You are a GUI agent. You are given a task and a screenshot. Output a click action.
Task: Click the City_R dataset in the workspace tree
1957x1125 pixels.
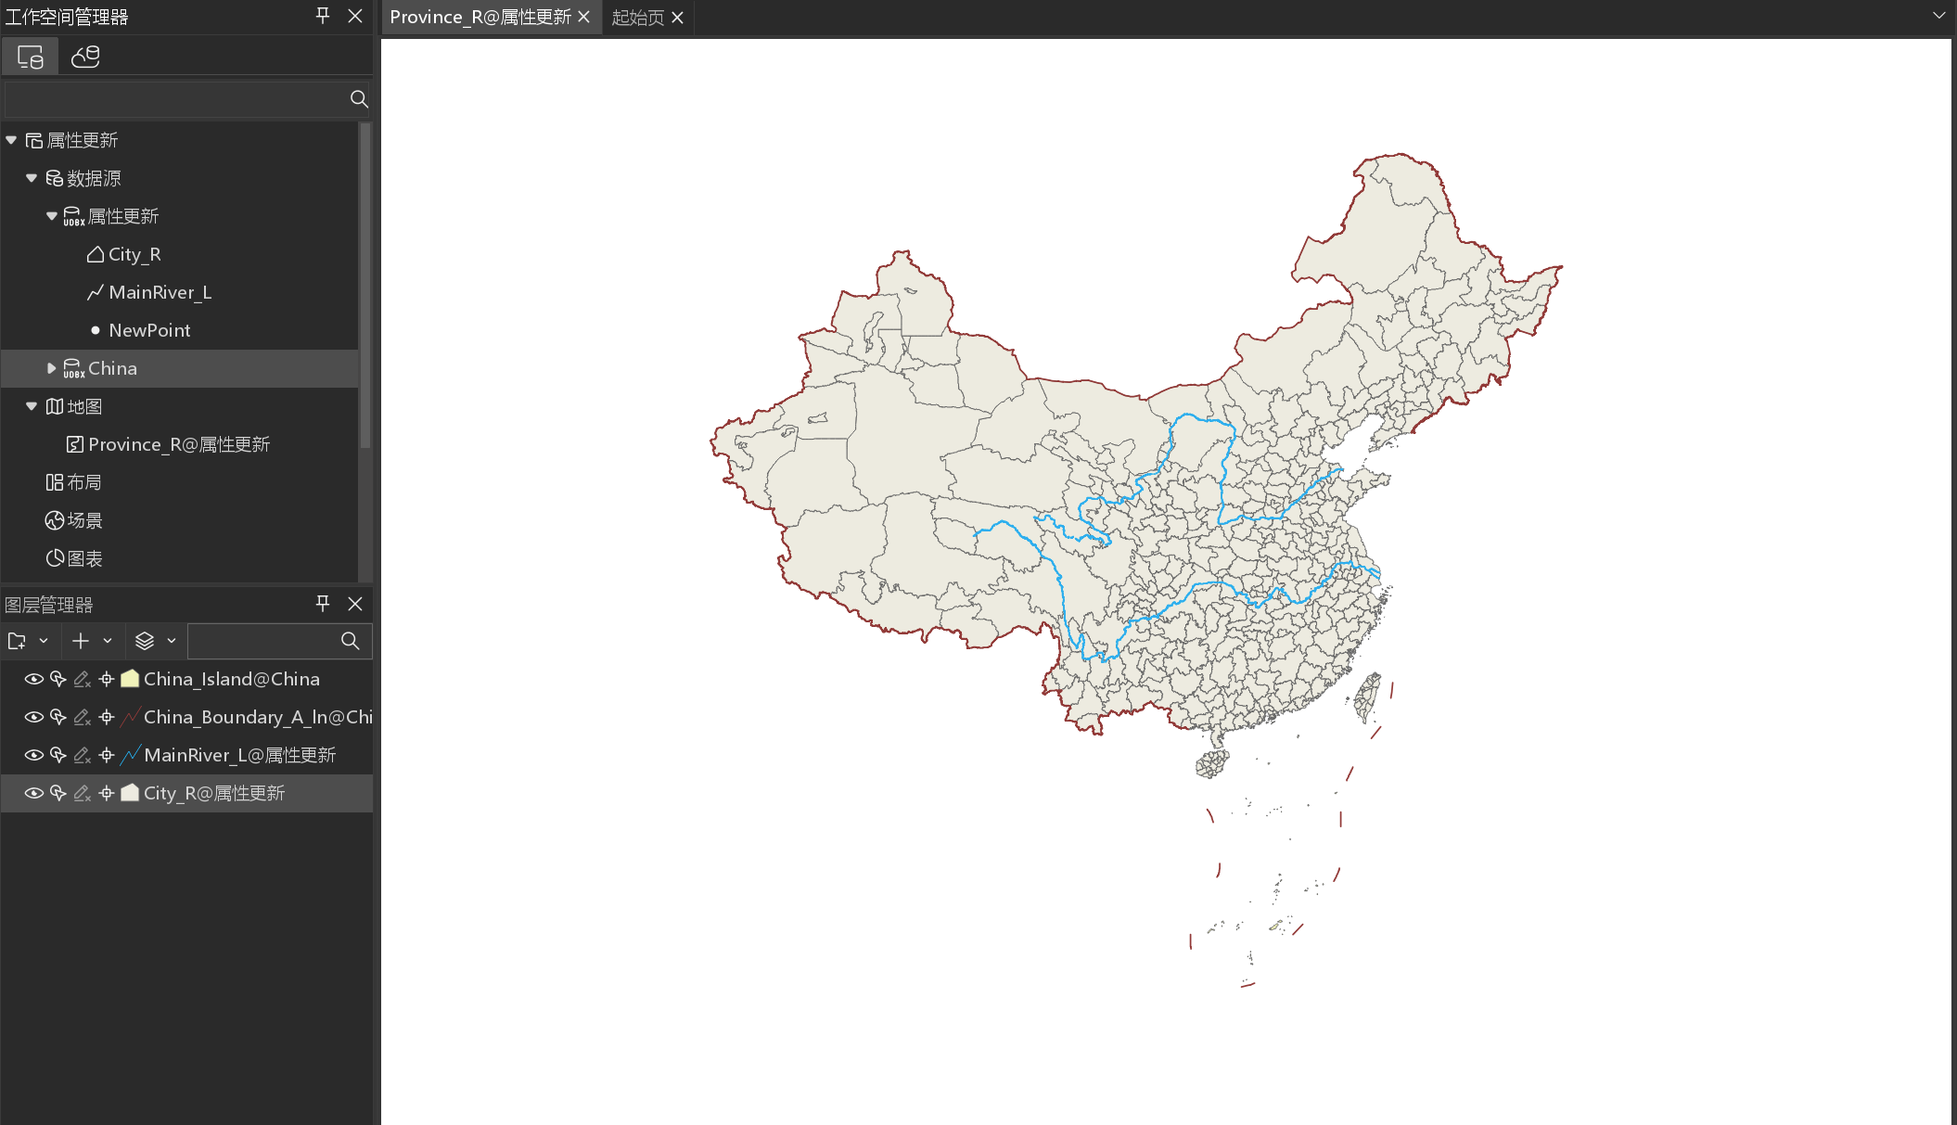click(134, 254)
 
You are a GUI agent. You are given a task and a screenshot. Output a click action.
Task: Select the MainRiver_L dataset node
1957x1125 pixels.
click(160, 292)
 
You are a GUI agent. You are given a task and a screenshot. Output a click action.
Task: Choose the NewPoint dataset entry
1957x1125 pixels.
click(148, 330)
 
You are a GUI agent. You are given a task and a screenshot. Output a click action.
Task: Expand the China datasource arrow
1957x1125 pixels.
click(52, 368)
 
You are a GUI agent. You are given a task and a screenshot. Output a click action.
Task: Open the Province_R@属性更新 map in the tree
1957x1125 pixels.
click(178, 444)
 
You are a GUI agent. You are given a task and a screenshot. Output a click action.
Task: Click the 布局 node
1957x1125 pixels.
click(83, 482)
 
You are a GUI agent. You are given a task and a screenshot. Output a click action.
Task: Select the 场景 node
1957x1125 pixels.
click(83, 520)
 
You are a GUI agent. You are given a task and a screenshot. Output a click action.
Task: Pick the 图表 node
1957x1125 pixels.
click(83, 558)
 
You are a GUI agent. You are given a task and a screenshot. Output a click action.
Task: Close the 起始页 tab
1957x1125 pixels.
click(678, 18)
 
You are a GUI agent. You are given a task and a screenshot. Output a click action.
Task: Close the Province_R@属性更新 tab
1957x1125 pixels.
click(583, 18)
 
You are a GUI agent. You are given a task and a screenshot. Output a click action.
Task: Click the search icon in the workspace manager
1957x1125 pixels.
click(359, 99)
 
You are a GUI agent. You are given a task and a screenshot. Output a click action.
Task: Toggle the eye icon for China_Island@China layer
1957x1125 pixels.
click(34, 679)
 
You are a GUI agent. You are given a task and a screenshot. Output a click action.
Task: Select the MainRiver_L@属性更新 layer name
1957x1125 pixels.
click(239, 755)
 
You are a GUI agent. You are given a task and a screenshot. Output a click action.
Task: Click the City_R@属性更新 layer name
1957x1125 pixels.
click(213, 793)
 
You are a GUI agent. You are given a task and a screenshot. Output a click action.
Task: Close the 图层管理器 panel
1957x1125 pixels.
click(355, 604)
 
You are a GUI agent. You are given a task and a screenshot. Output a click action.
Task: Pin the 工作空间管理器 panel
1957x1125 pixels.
click(323, 16)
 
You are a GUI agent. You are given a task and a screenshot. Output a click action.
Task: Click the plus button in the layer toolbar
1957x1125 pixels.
click(81, 641)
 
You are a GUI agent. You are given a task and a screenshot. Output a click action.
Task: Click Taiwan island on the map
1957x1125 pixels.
click(1368, 698)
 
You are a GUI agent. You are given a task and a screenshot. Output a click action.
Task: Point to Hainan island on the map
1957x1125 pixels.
click(1212, 764)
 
